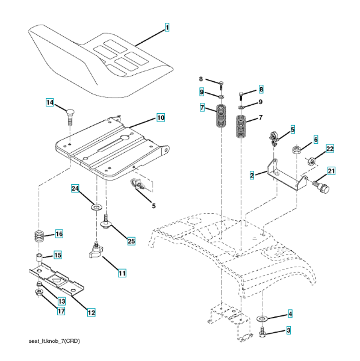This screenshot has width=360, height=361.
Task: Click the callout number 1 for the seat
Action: (167, 28)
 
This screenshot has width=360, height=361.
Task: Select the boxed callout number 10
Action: (161, 118)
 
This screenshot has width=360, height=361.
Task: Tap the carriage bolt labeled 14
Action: (70, 116)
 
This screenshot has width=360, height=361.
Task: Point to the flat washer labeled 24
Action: (96, 207)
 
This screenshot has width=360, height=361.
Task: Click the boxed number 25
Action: (131, 241)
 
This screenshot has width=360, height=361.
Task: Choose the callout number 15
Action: (58, 255)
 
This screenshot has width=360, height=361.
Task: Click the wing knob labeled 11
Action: (96, 250)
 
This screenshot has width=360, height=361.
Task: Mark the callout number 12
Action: (92, 312)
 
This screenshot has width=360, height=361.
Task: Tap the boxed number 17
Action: (61, 311)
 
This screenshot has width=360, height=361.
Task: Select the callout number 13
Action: (61, 301)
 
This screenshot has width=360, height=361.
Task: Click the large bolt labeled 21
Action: (321, 187)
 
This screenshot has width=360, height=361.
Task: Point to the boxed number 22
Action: (330, 149)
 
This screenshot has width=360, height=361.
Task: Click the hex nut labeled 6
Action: (296, 149)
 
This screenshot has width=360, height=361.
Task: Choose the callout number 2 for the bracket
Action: (252, 175)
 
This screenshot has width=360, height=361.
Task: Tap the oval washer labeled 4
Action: (262, 319)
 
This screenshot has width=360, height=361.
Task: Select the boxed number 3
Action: (288, 330)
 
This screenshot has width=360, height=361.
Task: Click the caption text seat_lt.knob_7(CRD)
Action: (54, 341)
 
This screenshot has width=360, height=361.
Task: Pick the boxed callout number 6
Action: (315, 140)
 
